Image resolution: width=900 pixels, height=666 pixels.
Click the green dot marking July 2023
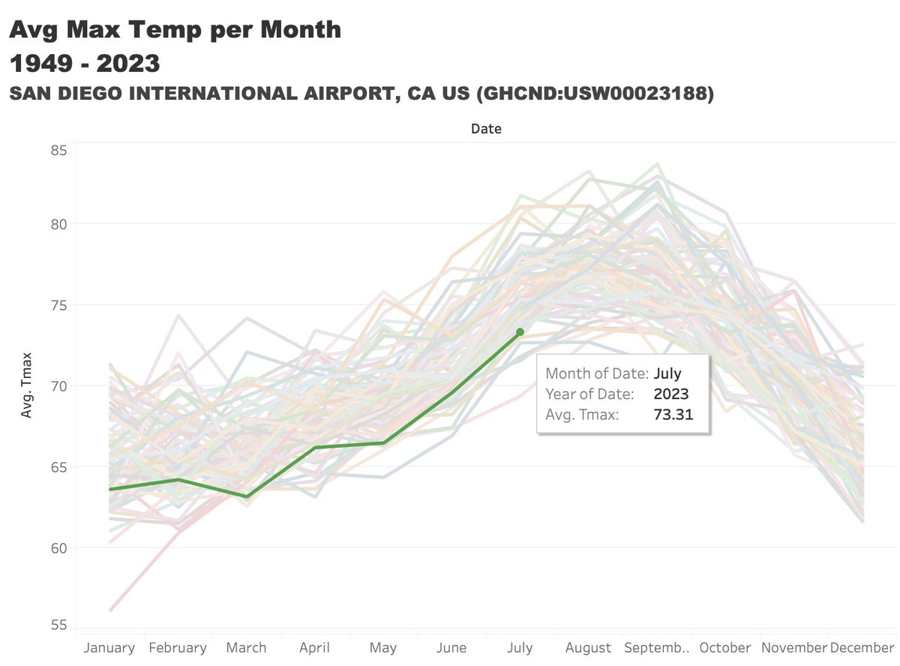pyautogui.click(x=520, y=331)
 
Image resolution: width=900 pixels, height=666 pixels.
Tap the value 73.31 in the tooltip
pyautogui.click(x=673, y=413)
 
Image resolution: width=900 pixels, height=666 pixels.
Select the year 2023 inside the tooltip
pyautogui.click(x=671, y=394)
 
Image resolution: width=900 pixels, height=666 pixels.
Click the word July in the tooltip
pyautogui.click(x=667, y=373)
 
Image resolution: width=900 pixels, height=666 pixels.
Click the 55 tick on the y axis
pyautogui.click(x=58, y=626)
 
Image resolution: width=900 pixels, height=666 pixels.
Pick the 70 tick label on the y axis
pyautogui.click(x=58, y=386)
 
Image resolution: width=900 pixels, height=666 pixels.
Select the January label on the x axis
pyautogui.click(x=110, y=648)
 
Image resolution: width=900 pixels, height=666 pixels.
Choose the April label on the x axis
pyautogui.click(x=315, y=648)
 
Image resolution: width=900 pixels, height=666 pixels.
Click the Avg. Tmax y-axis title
pyautogui.click(x=27, y=386)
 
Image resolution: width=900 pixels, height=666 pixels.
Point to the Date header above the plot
pyautogui.click(x=486, y=129)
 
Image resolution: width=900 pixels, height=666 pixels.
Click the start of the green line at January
pyautogui.click(x=110, y=489)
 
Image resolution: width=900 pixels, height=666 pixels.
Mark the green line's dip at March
pyautogui.click(x=247, y=496)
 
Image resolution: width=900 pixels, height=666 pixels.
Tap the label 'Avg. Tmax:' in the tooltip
pyautogui.click(x=582, y=413)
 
